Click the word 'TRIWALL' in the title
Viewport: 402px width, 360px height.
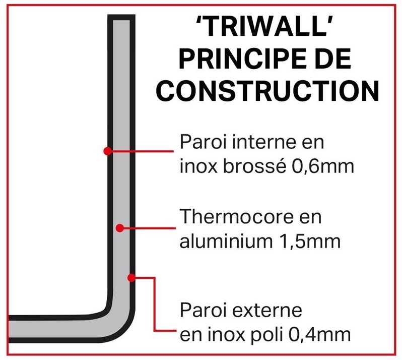click(x=264, y=26)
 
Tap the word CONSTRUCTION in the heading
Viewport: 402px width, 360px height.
click(x=267, y=91)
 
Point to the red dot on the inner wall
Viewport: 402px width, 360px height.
click(x=108, y=151)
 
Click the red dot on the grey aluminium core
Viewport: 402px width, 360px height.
click(x=120, y=228)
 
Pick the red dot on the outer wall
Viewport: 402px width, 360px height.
click(x=131, y=277)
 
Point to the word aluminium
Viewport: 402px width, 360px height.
click(x=226, y=241)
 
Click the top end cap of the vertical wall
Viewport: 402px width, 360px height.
click(x=121, y=18)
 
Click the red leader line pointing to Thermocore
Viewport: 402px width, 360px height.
click(x=148, y=228)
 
